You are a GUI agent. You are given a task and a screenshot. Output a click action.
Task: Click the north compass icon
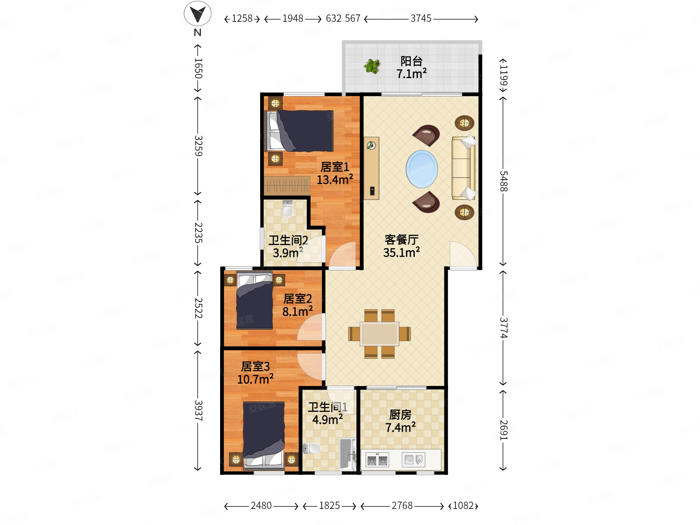[197, 14]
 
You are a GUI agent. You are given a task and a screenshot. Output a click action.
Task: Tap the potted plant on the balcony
[372, 67]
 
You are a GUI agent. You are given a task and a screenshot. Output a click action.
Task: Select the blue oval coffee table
[422, 169]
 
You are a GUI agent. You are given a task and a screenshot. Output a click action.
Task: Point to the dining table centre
[379, 334]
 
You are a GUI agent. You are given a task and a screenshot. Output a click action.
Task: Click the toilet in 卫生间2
[288, 209]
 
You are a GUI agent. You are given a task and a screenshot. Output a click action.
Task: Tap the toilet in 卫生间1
[312, 448]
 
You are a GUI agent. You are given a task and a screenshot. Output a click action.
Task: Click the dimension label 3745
[421, 18]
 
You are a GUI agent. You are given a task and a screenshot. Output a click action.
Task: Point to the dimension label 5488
[504, 181]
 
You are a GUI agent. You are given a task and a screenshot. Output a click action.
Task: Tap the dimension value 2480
[261, 505]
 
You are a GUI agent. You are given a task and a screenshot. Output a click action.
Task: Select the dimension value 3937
[198, 410]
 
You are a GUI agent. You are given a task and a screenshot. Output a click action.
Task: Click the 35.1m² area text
[402, 252]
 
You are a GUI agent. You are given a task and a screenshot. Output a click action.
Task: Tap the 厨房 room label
[400, 415]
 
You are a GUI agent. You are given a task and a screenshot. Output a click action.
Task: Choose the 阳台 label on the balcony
[411, 61]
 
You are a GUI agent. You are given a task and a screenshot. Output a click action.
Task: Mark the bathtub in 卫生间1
[347, 454]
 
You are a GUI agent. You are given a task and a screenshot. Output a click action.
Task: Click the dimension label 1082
[463, 505]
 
